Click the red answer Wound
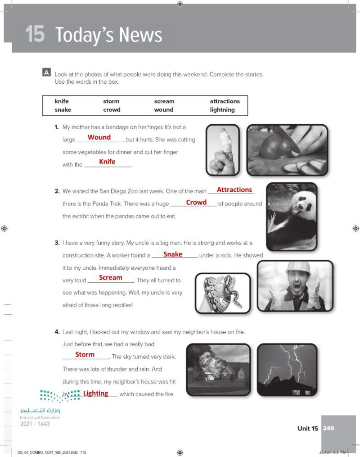coord(99,137)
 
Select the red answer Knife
coord(107,162)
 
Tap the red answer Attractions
coord(234,190)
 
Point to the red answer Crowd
coord(196,203)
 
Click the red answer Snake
coord(173,254)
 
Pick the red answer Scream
coord(110,278)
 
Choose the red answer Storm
coord(85,355)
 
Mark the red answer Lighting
coord(95,394)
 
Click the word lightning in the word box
coord(222,109)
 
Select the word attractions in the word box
coord(225,101)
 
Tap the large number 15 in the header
coord(35,35)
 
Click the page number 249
coord(328,428)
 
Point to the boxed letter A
coord(46,72)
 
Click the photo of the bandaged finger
coord(223,150)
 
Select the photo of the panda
coord(292,216)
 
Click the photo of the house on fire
coord(218,369)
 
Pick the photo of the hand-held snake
coord(222,293)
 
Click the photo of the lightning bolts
coord(287,369)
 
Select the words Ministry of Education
coord(40,417)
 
